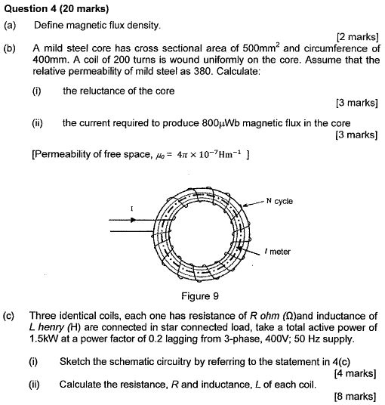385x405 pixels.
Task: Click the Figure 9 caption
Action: (x=196, y=295)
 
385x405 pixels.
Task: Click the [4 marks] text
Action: (x=354, y=373)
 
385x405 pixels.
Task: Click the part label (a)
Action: (x=11, y=25)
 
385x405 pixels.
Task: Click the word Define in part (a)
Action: (x=48, y=25)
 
